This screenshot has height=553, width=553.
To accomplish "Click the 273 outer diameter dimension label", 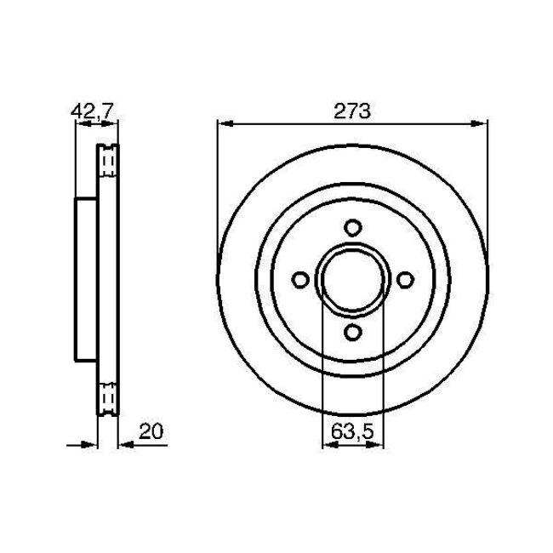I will pos(352,111).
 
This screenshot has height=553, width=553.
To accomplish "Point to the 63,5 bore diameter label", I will pos(352,432).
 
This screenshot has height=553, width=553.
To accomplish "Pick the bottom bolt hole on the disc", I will pos(352,333).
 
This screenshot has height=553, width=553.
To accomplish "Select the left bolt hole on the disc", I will pos(299,280).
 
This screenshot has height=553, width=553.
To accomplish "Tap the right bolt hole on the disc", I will pos(406,280).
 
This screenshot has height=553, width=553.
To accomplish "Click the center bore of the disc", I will pos(352,280).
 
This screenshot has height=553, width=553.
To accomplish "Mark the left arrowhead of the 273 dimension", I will pos(223,123).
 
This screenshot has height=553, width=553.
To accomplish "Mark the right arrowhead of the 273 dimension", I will pos(482,123).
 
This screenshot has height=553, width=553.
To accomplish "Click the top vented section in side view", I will pos(108,161).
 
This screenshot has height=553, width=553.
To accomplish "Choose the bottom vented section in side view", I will pos(108,399).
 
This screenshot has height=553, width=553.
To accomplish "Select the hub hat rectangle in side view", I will pos(87,280).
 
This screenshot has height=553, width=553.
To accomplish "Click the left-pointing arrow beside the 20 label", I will pos(124,443).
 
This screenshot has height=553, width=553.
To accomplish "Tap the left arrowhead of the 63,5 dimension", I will pos(327,443).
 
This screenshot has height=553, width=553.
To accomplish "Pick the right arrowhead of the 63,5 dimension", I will pos(379,443).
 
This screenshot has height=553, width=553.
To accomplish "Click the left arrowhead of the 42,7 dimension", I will pos(81,123).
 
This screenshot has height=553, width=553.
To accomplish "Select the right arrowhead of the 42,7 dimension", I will pos(113,123).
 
